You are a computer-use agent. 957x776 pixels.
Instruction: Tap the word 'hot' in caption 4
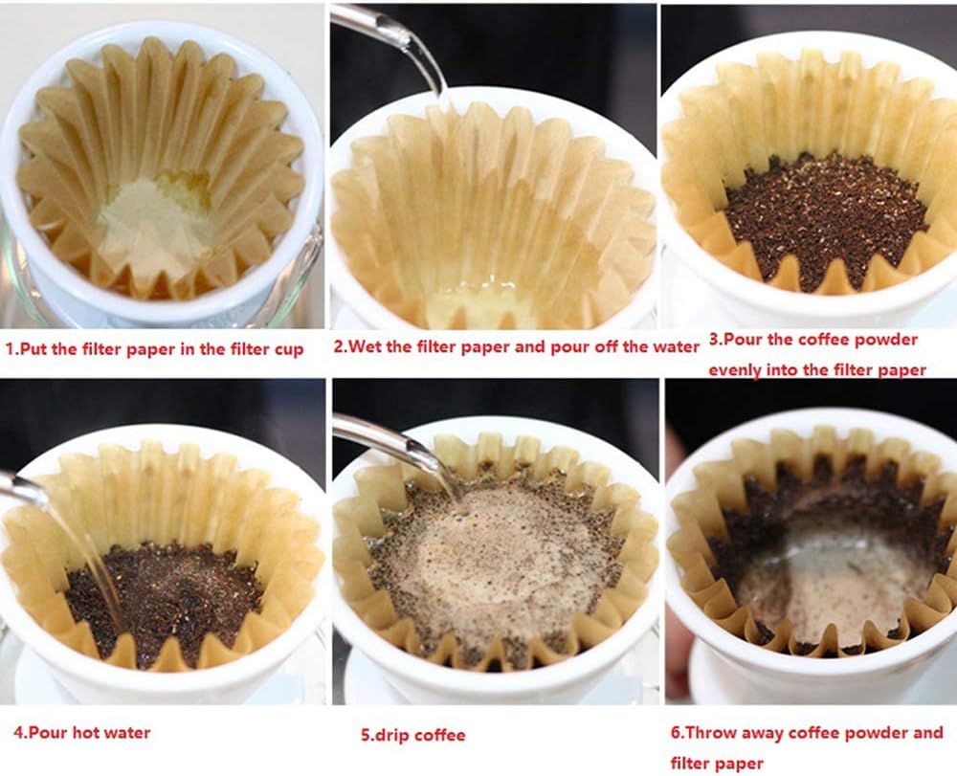tap(91, 733)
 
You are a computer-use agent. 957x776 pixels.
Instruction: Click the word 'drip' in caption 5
tap(394, 735)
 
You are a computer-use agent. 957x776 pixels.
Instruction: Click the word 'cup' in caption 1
tap(290, 349)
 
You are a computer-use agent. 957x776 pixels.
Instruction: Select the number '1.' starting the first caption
tap(11, 349)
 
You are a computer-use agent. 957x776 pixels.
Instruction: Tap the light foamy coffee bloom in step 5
tap(498, 555)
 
